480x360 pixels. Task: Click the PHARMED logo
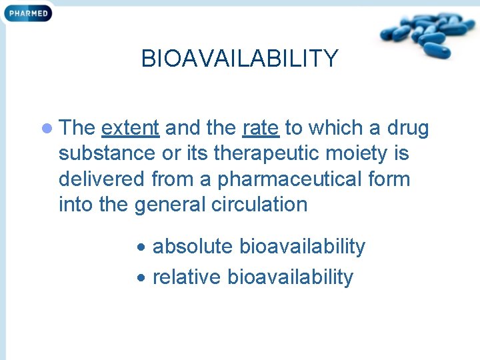[x=27, y=13]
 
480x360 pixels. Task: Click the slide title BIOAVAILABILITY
[x=239, y=59]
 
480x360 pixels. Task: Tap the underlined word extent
[x=130, y=127]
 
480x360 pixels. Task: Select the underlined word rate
[x=261, y=127]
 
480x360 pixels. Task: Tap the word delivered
[x=102, y=179]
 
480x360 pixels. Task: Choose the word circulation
[x=261, y=204]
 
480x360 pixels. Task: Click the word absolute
[x=193, y=247]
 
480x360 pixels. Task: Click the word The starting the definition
[x=77, y=127]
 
